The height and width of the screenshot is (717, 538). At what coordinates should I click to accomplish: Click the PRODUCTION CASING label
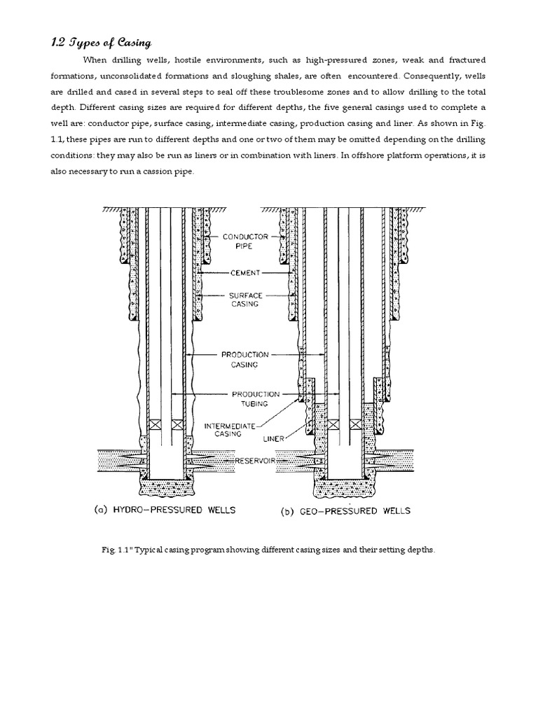pos(244,360)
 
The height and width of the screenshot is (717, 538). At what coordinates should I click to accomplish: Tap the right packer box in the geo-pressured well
pos(355,425)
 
